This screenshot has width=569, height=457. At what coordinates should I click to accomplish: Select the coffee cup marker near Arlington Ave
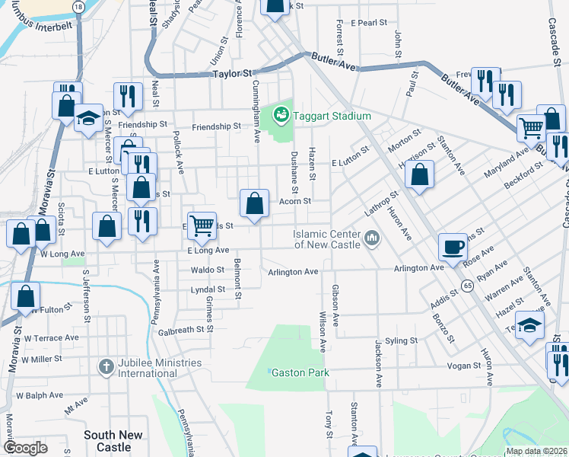click(453, 248)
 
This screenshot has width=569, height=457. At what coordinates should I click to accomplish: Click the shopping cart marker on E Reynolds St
click(202, 225)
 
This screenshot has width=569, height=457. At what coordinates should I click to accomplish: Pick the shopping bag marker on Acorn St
click(255, 203)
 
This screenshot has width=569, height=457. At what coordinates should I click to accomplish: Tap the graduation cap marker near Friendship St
click(89, 119)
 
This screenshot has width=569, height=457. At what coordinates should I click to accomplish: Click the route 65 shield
click(466, 284)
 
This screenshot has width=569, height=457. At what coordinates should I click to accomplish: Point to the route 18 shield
click(79, 5)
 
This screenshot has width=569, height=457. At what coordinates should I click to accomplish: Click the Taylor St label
click(231, 74)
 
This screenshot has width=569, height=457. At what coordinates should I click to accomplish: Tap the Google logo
click(25, 448)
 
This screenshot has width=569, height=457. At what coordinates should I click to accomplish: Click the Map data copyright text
click(536, 451)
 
